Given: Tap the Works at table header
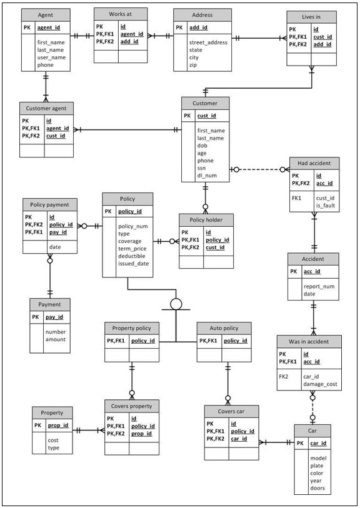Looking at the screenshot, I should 121,14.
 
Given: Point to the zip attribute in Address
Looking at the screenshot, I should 193,64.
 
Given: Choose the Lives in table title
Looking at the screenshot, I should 312,17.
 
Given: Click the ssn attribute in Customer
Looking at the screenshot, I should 202,168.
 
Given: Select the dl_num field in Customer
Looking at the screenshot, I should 207,176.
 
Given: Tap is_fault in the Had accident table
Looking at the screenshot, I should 327,206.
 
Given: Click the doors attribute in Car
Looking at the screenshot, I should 317,488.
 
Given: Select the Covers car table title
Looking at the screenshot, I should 231,412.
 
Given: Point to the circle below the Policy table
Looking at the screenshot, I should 176,304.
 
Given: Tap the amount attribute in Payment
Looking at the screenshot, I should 55,339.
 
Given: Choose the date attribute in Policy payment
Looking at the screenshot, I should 56,247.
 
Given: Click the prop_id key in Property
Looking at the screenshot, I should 58,426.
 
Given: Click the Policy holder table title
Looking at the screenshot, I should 206,219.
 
